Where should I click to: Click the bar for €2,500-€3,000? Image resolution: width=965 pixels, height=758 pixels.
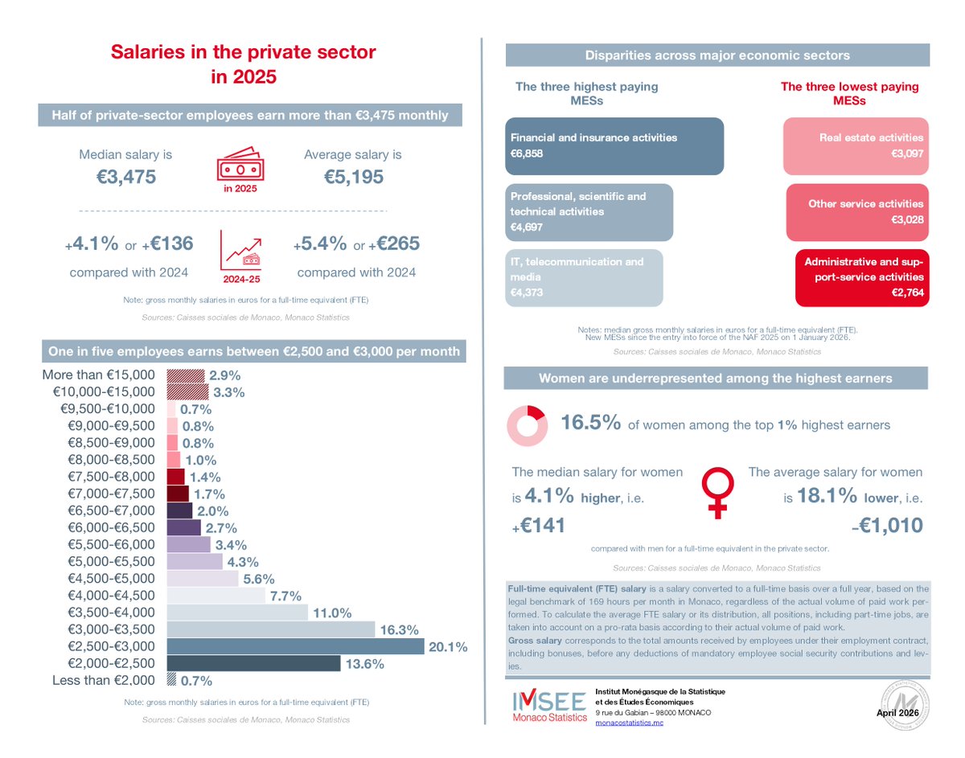tap(294, 647)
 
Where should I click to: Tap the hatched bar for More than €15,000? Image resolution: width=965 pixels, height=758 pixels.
tap(185, 375)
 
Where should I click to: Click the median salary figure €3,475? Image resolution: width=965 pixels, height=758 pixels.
tap(125, 178)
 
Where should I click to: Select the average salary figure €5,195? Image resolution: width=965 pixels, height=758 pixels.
tap(352, 178)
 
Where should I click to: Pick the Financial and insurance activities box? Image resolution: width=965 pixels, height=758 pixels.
tap(614, 146)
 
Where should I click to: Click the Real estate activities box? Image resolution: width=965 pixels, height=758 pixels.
tap(856, 146)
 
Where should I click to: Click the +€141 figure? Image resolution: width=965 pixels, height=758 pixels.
tap(540, 526)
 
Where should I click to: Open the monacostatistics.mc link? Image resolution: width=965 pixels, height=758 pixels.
tap(629, 723)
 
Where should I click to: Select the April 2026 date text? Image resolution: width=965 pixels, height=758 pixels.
tap(897, 713)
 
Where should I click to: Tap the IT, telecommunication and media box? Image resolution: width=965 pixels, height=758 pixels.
tap(584, 277)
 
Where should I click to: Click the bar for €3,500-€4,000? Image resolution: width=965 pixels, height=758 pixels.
tap(237, 613)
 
